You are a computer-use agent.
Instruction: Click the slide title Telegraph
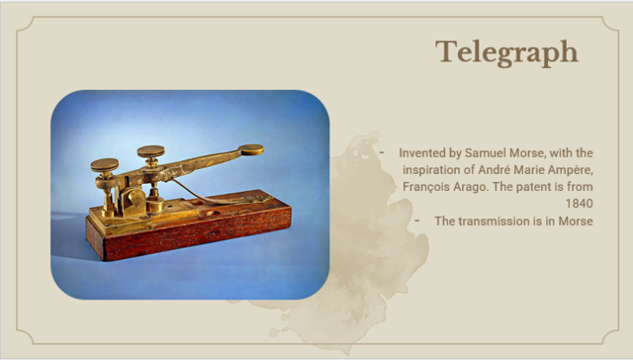click(x=506, y=52)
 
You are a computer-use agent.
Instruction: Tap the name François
click(x=413, y=187)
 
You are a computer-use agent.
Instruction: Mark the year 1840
click(x=579, y=204)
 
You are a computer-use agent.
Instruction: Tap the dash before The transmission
click(x=418, y=221)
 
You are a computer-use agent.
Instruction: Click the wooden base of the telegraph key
click(x=198, y=231)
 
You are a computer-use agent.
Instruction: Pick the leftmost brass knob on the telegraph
click(x=104, y=163)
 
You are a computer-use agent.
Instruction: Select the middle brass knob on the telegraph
click(x=151, y=151)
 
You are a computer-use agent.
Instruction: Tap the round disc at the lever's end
click(x=251, y=149)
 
